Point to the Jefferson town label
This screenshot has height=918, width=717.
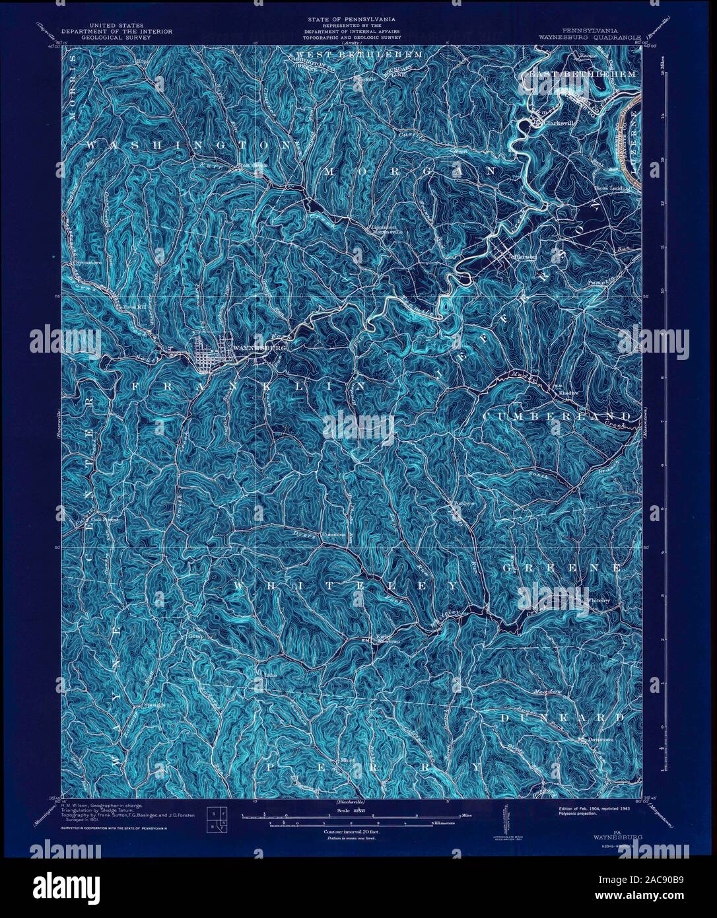[x=523, y=257]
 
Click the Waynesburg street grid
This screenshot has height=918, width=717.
[x=210, y=357]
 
